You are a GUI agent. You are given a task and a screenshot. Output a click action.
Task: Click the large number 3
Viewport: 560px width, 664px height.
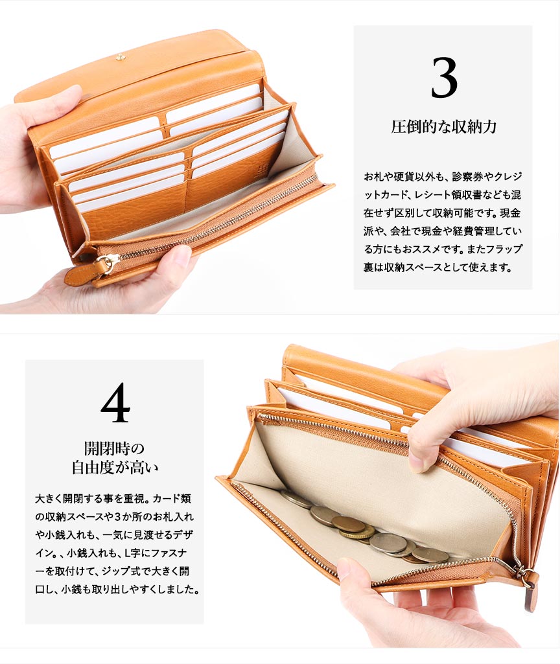[444, 78]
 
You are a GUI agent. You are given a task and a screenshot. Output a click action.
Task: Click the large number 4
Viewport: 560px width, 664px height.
[115, 402]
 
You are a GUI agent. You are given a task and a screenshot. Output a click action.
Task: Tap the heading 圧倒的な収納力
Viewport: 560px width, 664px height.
[443, 126]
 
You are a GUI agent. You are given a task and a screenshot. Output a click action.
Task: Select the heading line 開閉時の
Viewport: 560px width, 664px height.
[114, 448]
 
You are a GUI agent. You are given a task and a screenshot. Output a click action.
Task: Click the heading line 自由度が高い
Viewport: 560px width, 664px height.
[115, 468]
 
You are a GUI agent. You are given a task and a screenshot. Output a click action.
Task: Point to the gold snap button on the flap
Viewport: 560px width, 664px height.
[121, 57]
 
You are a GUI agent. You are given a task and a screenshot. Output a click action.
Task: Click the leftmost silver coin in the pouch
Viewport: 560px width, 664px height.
[296, 498]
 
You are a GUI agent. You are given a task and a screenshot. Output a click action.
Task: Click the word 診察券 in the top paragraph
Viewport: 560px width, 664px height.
[467, 177]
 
